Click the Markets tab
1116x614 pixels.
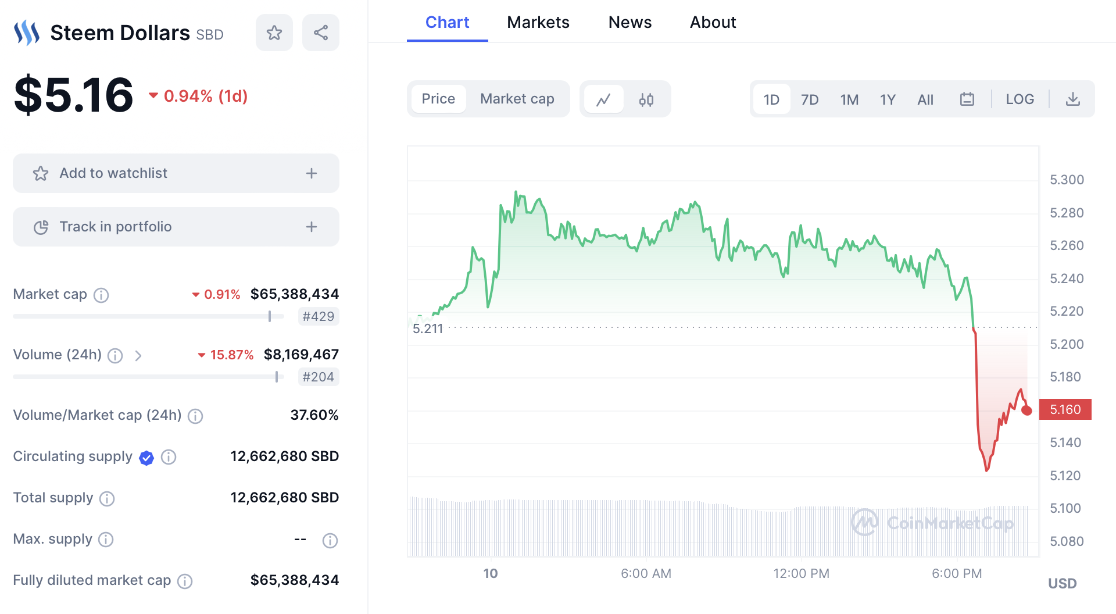[538, 22]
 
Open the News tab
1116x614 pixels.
[629, 22]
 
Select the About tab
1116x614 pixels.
[713, 22]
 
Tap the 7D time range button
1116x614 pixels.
[809, 99]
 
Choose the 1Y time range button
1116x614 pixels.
[887, 99]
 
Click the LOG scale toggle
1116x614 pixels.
[1020, 99]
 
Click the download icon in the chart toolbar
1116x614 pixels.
[1072, 99]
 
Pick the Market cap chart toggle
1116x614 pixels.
[517, 99]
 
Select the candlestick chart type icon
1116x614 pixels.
[646, 99]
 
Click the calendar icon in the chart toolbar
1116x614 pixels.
[967, 99]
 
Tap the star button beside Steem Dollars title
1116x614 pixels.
[274, 33]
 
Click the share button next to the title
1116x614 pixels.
[320, 33]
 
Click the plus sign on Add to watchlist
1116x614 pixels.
[312, 173]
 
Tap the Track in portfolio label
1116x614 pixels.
[115, 227]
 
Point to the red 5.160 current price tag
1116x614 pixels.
[1065, 409]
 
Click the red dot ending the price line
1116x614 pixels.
[1026, 410]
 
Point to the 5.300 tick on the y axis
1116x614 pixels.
[1066, 180]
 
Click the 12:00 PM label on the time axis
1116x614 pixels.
[801, 573]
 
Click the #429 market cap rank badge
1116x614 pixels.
[318, 316]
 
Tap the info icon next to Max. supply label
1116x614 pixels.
[106, 540]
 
